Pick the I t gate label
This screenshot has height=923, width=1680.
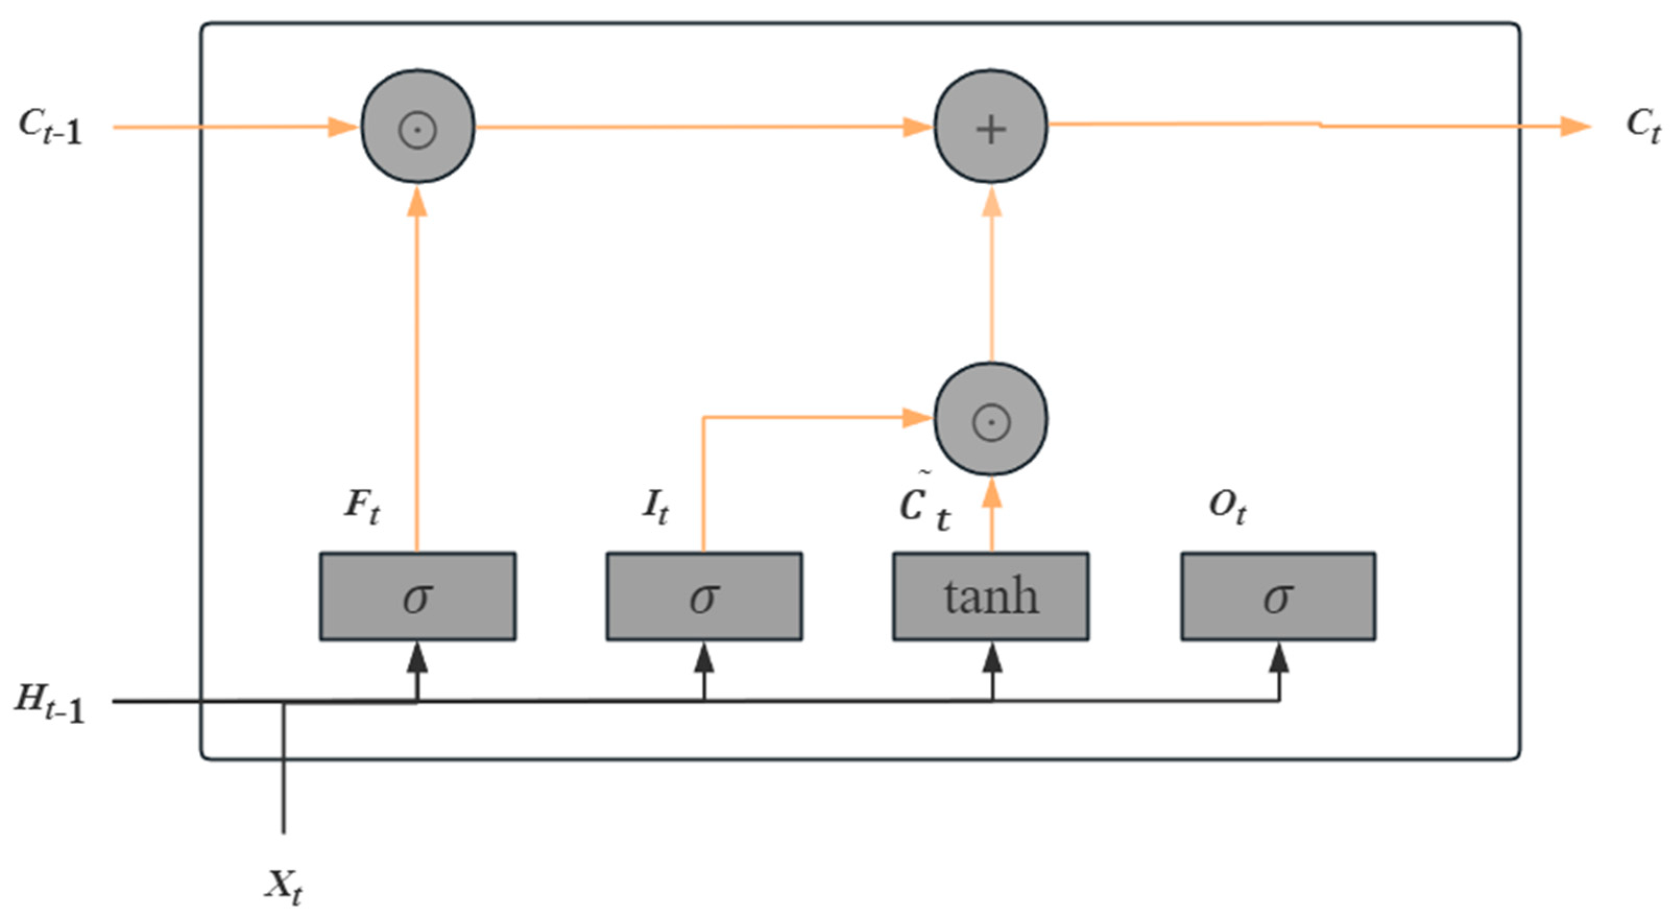pyautogui.click(x=655, y=507)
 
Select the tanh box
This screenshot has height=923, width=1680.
pyautogui.click(x=990, y=596)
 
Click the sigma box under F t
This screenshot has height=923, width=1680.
pyautogui.click(x=417, y=596)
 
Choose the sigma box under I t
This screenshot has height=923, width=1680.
pyautogui.click(x=704, y=596)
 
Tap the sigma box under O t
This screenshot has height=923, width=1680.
pyautogui.click(x=1278, y=596)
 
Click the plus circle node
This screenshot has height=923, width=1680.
pyautogui.click(x=990, y=127)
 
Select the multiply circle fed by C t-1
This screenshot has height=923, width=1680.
pyautogui.click(x=417, y=127)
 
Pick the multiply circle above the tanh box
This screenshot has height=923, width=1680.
pyautogui.click(x=990, y=419)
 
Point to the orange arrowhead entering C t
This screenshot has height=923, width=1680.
pyautogui.click(x=1575, y=126)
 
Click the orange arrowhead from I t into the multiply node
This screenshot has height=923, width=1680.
pyautogui.click(x=916, y=417)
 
